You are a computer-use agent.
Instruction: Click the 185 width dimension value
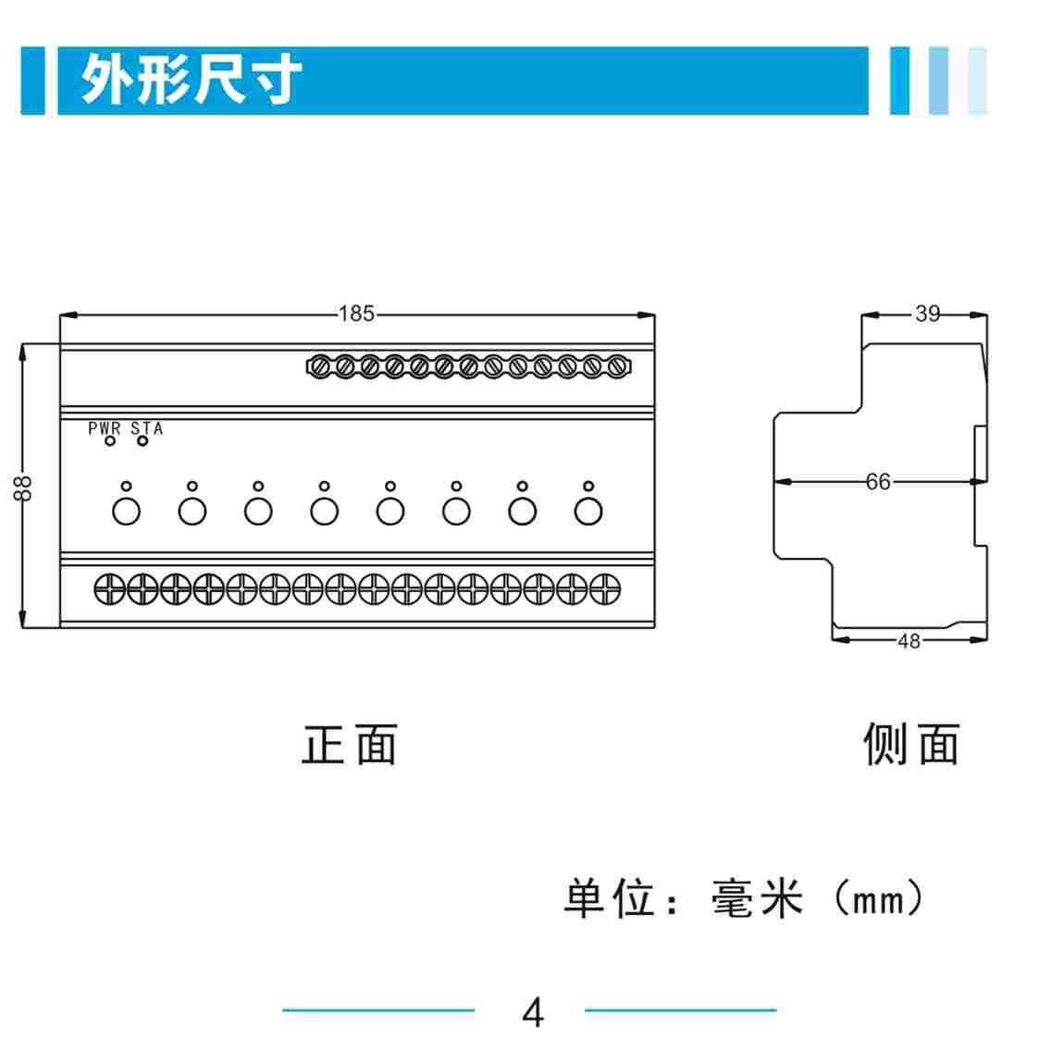[x=356, y=314]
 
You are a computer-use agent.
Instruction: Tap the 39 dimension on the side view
[x=927, y=314]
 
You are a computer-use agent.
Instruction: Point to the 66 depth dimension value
[x=878, y=481]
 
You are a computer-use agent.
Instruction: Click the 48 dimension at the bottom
[x=908, y=640]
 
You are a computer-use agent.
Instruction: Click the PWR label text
[x=105, y=428]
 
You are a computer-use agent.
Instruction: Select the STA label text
[x=147, y=428]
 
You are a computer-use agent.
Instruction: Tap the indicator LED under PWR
[x=110, y=441]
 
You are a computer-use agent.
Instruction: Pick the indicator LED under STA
[x=142, y=441]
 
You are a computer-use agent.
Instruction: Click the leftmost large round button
[x=126, y=510]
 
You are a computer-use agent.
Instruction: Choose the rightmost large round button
[x=588, y=510]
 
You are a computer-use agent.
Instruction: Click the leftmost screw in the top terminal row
[x=319, y=367]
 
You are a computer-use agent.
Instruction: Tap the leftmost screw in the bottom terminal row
[x=110, y=587]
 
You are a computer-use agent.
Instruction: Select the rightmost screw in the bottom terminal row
[x=605, y=587]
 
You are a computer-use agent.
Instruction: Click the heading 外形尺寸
[x=192, y=80]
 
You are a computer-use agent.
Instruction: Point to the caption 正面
[x=350, y=745]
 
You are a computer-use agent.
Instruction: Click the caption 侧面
[x=911, y=745]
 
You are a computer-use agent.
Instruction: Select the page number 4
[x=533, y=1012]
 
